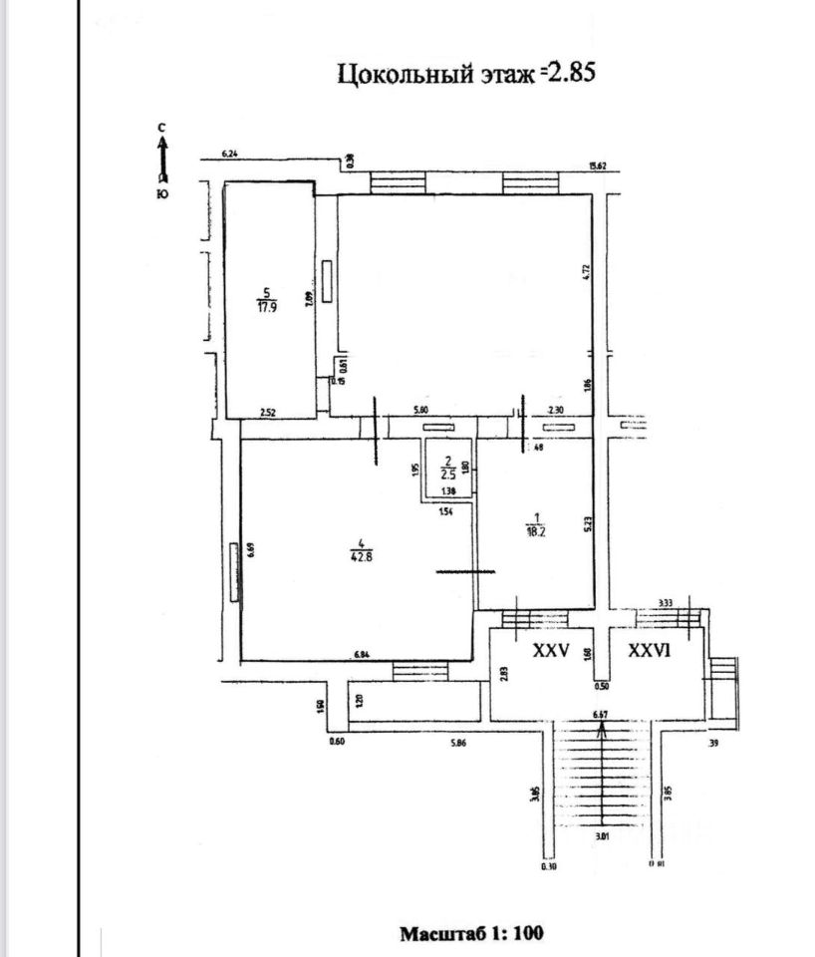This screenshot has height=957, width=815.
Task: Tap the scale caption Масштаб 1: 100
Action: tap(471, 934)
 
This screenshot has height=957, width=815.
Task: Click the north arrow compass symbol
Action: tap(163, 159)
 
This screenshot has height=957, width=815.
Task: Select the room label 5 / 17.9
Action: tap(264, 299)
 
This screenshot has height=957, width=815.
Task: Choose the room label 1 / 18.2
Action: tap(538, 524)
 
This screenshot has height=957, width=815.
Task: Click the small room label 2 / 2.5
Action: tap(448, 469)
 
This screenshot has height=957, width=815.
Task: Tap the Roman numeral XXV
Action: tap(551, 650)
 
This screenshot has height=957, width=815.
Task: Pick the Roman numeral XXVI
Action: tap(653, 650)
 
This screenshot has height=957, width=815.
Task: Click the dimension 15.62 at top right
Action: tap(598, 166)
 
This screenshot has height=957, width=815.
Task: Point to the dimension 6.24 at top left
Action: tap(230, 154)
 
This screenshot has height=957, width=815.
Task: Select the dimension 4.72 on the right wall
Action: tap(587, 270)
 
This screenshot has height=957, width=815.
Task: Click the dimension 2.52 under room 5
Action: tap(267, 412)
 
